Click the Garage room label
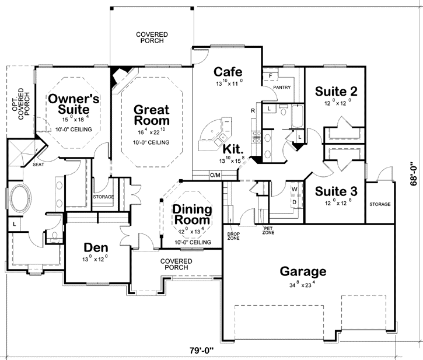click(x=303, y=271)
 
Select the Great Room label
click(x=151, y=115)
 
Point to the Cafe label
click(x=228, y=72)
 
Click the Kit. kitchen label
click(x=230, y=149)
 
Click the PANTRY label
click(x=282, y=88)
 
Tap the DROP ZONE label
click(x=233, y=236)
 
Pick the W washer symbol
click(x=294, y=190)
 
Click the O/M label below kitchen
click(x=215, y=175)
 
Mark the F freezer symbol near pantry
click(x=271, y=76)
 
